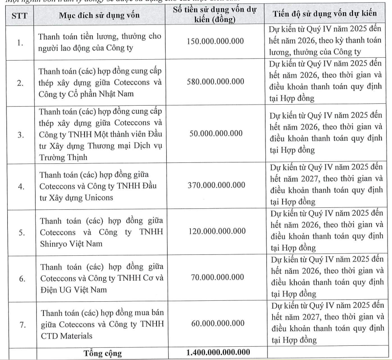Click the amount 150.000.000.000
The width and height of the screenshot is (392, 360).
(x=215, y=42)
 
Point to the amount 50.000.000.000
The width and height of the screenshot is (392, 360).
(x=215, y=133)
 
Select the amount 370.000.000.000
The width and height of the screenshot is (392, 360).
(x=215, y=185)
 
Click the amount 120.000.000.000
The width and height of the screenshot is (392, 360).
(x=215, y=231)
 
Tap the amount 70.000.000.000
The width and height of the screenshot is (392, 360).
(x=215, y=278)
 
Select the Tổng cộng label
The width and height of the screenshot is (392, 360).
(x=103, y=353)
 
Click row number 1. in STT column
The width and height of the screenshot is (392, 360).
(x=20, y=43)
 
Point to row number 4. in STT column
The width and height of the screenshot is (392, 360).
(x=20, y=185)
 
